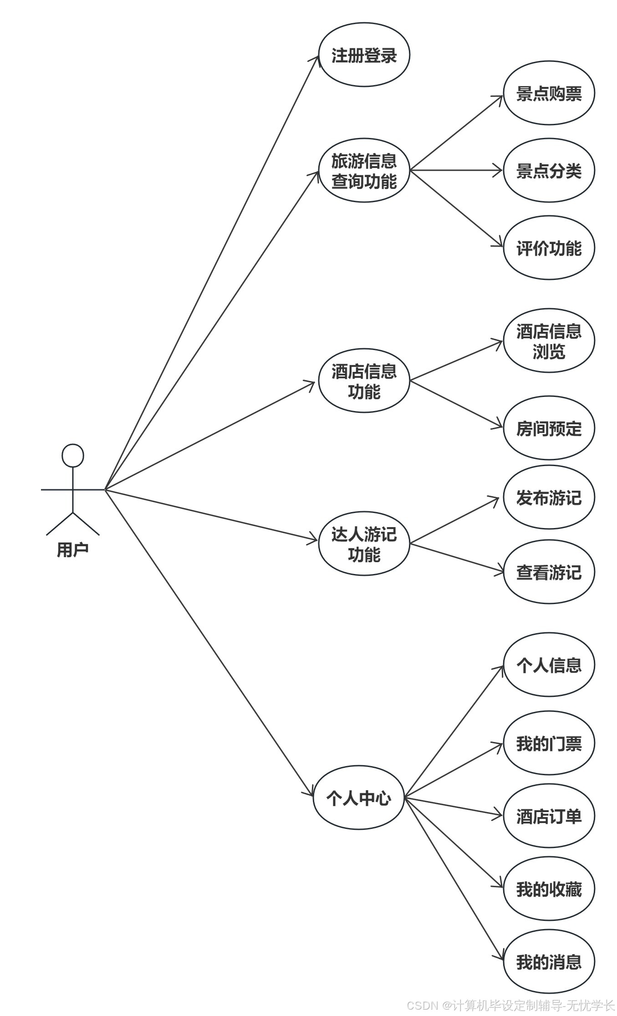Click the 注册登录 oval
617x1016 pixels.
coord(364,55)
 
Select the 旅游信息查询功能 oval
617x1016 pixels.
coord(364,171)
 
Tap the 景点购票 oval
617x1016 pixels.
coord(549,93)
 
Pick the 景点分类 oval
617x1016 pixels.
coord(549,171)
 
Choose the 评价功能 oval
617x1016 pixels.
coord(549,248)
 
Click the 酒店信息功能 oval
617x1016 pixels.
coord(364,381)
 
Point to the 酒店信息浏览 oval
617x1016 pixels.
coord(549,341)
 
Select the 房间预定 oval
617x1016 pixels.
coord(549,428)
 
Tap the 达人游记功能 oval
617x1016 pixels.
coord(364,544)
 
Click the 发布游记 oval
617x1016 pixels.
coord(549,498)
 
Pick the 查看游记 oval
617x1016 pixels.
coord(549,572)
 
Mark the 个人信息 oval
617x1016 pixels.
coord(549,665)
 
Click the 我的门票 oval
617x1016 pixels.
coord(549,743)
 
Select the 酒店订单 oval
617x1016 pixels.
coord(549,816)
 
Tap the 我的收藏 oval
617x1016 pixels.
coord(549,889)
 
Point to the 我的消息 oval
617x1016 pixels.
coord(549,962)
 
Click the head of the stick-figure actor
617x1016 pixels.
coord(73,455)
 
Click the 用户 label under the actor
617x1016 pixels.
coord(73,549)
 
